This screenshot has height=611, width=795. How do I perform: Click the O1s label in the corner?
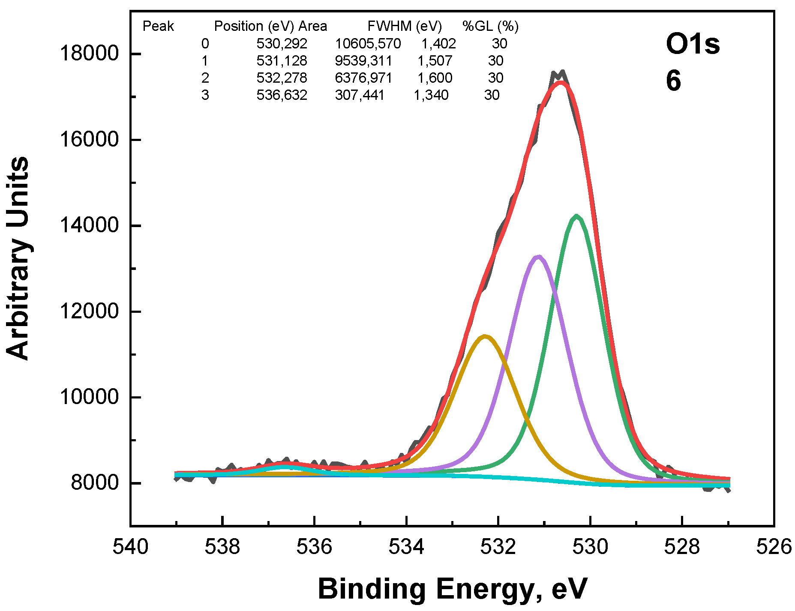[692, 45]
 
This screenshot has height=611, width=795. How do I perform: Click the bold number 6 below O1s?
[673, 81]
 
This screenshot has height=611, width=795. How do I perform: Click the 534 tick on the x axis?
[406, 547]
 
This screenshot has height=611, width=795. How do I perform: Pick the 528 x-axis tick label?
[682, 547]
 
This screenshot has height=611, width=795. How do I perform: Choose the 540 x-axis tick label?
[130, 547]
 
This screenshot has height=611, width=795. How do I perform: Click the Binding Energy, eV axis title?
[452, 589]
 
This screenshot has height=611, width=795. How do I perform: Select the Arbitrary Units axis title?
[18, 258]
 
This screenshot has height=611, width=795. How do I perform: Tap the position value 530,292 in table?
[282, 44]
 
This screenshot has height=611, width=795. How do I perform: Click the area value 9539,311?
[363, 61]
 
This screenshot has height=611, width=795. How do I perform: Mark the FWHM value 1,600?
[435, 78]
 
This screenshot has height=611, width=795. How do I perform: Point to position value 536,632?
[282, 95]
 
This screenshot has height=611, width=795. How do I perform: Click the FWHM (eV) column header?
[404, 27]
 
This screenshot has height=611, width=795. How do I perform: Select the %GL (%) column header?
[490, 27]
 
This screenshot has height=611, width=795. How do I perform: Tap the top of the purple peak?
[539, 257]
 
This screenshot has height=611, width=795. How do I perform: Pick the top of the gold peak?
[485, 336]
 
